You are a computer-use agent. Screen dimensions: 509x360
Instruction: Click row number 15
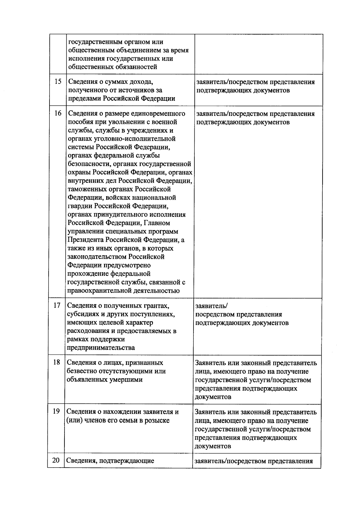[58, 82]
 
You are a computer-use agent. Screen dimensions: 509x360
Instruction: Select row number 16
[58, 113]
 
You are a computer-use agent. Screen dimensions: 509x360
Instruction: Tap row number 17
[57, 305]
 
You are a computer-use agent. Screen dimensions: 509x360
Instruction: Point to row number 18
[56, 362]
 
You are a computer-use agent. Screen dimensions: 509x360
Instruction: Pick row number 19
[56, 412]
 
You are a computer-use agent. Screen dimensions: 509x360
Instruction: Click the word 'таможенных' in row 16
[85, 189]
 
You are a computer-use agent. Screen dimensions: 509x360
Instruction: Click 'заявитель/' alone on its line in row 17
[211, 306]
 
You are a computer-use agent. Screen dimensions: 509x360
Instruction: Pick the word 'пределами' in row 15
[85, 99]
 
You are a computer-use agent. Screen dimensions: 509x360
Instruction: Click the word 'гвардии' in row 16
[80, 206]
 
